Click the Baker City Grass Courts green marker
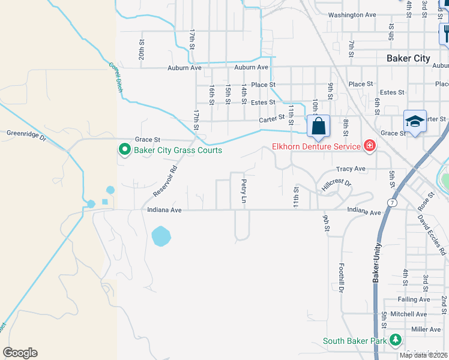[x=124, y=149]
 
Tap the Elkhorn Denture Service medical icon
[x=369, y=146]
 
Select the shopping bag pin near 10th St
[x=318, y=127]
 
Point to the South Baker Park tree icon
[x=395, y=340]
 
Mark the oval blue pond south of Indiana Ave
[x=161, y=236]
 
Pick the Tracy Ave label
[x=351, y=169]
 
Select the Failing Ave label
[x=414, y=299]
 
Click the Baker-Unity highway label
[x=378, y=263]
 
